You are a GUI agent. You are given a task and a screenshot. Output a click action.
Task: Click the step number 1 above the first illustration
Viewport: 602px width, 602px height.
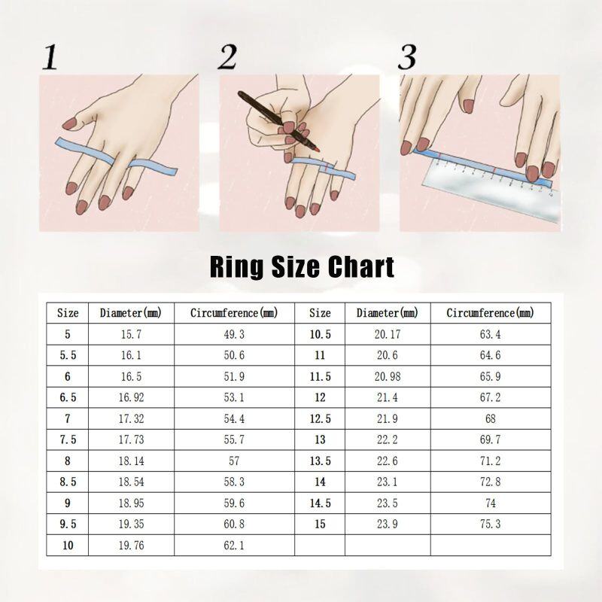[x=50, y=57]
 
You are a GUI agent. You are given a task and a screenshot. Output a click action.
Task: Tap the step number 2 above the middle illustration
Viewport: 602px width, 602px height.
[x=227, y=57]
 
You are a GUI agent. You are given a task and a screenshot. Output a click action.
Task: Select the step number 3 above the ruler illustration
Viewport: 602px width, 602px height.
[x=407, y=57]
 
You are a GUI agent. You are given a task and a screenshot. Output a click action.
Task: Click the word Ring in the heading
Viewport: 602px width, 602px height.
[x=236, y=268]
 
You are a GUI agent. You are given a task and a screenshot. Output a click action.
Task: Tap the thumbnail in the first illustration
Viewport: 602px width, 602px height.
[x=70, y=123]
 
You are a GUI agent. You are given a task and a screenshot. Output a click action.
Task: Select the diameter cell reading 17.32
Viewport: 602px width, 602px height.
[x=131, y=418]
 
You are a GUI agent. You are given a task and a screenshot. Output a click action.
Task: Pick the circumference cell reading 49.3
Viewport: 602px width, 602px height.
[x=234, y=334]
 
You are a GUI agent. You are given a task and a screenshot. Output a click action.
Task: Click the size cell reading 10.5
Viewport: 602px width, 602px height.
[x=321, y=334]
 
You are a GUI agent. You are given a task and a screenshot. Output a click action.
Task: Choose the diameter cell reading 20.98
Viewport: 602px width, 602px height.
[x=388, y=376]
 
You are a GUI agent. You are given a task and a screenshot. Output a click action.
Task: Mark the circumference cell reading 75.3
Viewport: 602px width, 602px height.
[x=491, y=524]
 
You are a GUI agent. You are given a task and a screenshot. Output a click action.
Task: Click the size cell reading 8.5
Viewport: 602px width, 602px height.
[x=68, y=482]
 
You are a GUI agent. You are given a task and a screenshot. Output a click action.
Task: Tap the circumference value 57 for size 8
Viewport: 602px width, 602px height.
[x=234, y=461]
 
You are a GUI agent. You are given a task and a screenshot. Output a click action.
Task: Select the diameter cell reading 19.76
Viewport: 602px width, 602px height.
[x=131, y=545]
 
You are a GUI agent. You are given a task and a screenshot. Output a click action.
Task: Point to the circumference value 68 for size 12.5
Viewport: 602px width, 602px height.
[x=491, y=418]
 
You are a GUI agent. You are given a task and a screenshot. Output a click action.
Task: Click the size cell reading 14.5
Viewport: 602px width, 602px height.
[x=321, y=503]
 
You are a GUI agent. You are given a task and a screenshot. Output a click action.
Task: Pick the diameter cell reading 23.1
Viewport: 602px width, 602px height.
[x=388, y=482]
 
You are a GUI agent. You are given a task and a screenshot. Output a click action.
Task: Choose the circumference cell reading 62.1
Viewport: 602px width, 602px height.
[x=234, y=545]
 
